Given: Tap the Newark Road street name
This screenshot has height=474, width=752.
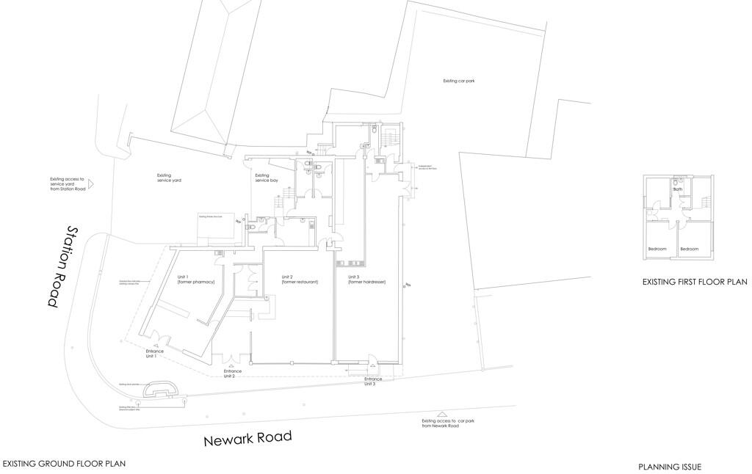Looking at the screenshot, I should pos(247,439).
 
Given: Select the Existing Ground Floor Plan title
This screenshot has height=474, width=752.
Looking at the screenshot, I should pos(64,463).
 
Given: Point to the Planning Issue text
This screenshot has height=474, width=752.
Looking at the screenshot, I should pos(670,467).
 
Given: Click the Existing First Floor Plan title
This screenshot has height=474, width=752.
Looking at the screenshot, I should pos(694,281).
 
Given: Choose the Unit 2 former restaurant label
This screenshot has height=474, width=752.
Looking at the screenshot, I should pos(300,279).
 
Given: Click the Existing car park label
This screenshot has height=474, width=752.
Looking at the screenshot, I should pos(459,81).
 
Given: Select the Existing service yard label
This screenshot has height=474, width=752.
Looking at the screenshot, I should pos(170,178).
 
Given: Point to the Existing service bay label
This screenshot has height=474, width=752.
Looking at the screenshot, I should pos(267,178).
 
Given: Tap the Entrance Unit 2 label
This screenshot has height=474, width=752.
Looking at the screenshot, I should pos(234,373).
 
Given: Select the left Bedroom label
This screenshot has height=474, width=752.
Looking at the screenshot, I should pos(657,249).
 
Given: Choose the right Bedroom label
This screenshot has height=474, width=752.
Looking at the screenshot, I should pos(690,249).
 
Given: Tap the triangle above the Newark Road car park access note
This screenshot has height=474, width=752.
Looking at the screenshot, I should pos(441,415).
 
